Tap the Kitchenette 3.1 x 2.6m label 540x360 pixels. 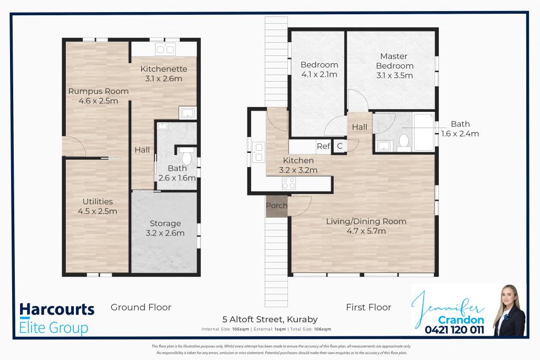pyautogui.click(x=163, y=74)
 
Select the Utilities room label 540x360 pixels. pyautogui.click(x=98, y=206)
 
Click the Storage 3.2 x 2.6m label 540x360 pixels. pyautogui.click(x=165, y=228)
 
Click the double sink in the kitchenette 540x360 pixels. pyautogui.click(x=165, y=50)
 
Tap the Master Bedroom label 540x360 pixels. pyautogui.click(x=395, y=66)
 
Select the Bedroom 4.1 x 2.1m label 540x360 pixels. pyautogui.click(x=319, y=70)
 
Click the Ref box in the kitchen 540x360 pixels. pyautogui.click(x=323, y=147)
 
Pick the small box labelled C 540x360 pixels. pyautogui.click(x=339, y=147)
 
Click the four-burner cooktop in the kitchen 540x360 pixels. pyautogui.click(x=290, y=183)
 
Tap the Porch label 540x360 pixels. pyautogui.click(x=277, y=206)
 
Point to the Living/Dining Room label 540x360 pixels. pyautogui.click(x=366, y=226)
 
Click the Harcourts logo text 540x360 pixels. pyautogui.click(x=57, y=310)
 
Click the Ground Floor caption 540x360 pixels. pyautogui.click(x=141, y=307)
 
